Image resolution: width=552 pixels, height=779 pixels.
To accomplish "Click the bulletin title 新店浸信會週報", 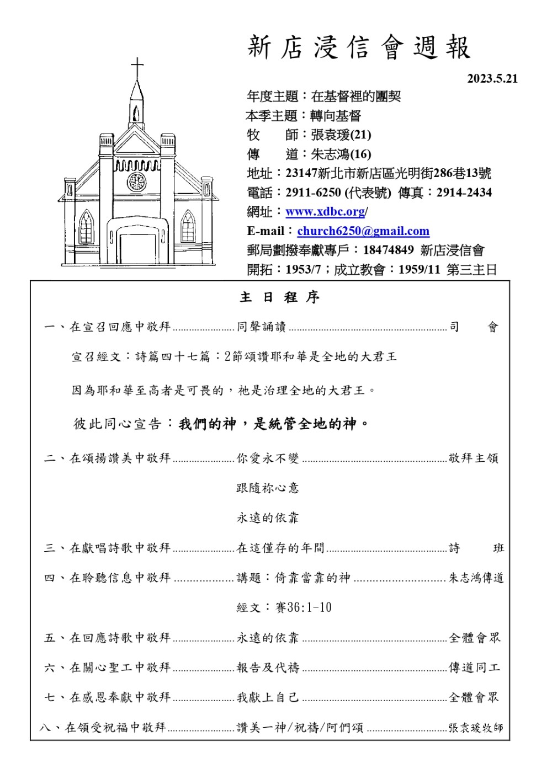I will pos(359,47).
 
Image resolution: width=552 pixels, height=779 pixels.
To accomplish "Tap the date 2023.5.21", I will pos(492,78).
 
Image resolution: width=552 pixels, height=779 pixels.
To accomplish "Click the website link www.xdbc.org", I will pos(325,211).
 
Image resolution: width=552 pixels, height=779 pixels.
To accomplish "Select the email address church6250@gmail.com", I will pos(363,231).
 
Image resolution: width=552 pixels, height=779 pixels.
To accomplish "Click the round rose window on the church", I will pos(136,182).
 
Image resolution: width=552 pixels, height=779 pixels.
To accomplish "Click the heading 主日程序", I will pos(280,297).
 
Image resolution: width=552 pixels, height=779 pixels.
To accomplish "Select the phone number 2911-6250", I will pos(313,193).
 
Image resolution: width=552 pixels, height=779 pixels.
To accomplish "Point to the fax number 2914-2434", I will pos(464,193).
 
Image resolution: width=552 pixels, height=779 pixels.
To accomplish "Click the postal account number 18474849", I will pos(388,250).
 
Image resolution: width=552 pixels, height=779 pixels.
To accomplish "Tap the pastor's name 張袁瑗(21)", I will pos(341,135).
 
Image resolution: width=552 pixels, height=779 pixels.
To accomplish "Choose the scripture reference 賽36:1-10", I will pos(304,607).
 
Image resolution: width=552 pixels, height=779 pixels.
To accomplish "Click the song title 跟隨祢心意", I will pos(268,488).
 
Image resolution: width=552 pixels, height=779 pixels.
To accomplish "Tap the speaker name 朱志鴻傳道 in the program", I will pos(476,578).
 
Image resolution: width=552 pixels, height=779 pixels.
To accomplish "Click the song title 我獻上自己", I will pos(268,697).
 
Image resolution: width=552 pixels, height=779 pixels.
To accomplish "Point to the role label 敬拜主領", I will pos(474,458).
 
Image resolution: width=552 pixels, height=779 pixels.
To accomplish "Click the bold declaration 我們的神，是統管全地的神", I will pos(274,424).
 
